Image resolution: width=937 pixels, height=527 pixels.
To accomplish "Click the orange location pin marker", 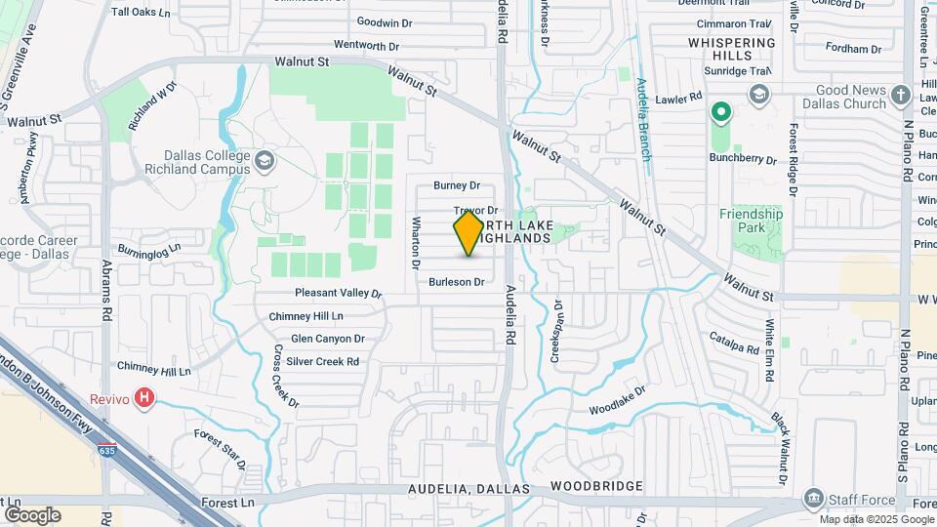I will tap(468, 233).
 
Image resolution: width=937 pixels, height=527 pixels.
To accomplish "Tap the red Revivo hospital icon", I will tap(145, 398).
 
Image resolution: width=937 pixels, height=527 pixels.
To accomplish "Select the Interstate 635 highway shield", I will tap(106, 451).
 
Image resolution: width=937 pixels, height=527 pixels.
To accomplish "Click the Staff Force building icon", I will tap(812, 500).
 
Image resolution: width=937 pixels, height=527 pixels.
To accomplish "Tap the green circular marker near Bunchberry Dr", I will tap(721, 113).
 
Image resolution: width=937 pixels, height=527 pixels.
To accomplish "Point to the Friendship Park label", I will tap(751, 221).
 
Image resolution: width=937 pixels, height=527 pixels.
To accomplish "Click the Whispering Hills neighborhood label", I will tap(732, 49).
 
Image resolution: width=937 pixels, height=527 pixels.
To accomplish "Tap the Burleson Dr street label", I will tap(457, 282).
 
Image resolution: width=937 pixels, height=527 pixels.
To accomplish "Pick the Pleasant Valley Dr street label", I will tap(339, 293).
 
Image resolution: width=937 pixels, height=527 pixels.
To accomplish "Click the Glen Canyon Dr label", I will tap(327, 339).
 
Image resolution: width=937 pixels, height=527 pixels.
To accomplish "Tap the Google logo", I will tap(32, 514).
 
